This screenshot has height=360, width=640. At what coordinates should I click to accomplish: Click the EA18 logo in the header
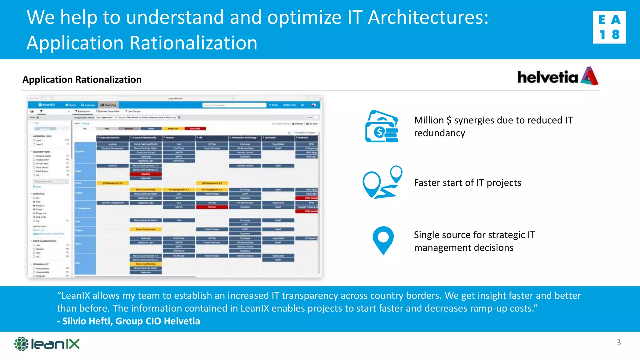coord(609,27)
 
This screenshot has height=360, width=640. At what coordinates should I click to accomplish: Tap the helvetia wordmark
coord(547,77)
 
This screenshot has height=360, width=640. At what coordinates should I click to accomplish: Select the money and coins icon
coord(382,126)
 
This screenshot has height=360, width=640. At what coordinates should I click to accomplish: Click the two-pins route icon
coord(382,182)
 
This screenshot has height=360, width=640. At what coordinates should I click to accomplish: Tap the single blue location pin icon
coord(383,240)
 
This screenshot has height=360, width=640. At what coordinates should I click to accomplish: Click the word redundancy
coord(439,133)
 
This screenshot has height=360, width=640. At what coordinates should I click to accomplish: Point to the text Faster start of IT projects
coord(467,182)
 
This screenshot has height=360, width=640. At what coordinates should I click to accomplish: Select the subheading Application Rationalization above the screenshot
coord(82,80)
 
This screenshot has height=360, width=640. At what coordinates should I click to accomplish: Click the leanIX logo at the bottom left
coord(47,344)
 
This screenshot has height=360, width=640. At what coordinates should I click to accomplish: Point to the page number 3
coord(618,342)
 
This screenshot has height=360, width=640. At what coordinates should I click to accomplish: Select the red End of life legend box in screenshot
coord(195,128)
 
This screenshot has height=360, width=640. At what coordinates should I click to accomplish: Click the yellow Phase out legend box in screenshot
coord(173,128)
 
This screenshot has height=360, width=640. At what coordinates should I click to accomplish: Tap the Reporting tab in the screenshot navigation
coord(108,105)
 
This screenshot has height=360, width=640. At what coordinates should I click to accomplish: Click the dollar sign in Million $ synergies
coord(449,120)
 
